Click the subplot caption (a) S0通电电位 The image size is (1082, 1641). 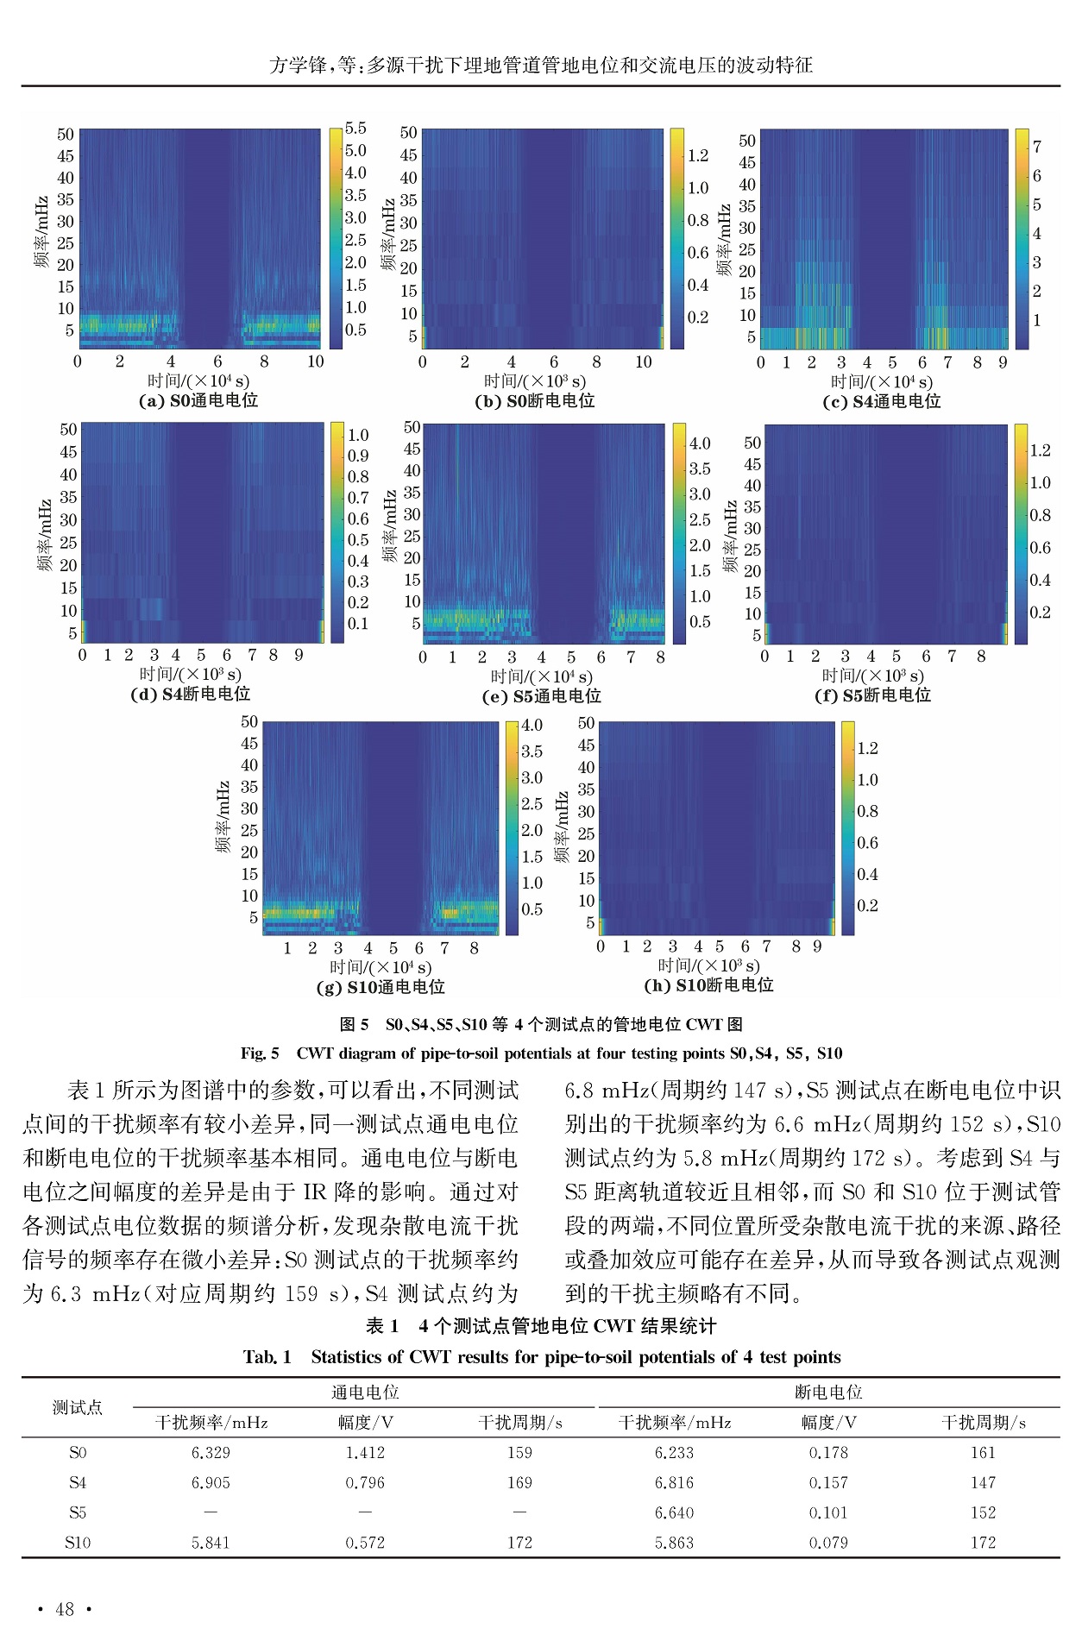click(198, 400)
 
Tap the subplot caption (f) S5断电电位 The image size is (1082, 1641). click(872, 695)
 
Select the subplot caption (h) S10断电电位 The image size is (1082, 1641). click(708, 985)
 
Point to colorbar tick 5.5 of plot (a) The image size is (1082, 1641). click(355, 128)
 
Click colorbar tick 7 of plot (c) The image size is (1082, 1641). click(1037, 147)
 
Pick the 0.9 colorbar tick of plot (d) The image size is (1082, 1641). click(357, 456)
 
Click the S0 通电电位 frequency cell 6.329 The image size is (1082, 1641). click(211, 1453)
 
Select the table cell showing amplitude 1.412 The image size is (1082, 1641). click(365, 1453)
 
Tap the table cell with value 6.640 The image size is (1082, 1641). click(674, 1512)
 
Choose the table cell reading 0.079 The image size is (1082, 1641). click(828, 1543)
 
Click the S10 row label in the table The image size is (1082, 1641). click(78, 1543)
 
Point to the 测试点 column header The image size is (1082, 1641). click(78, 1407)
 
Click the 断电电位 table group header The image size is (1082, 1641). click(828, 1393)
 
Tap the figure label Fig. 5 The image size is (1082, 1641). click(260, 1053)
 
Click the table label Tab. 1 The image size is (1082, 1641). click(267, 1357)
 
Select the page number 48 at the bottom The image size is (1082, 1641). click(65, 1609)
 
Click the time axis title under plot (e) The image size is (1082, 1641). click(541, 677)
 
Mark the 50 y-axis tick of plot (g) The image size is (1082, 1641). click(249, 721)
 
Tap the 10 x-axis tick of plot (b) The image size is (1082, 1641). click(644, 362)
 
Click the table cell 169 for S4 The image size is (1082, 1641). click(519, 1483)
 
